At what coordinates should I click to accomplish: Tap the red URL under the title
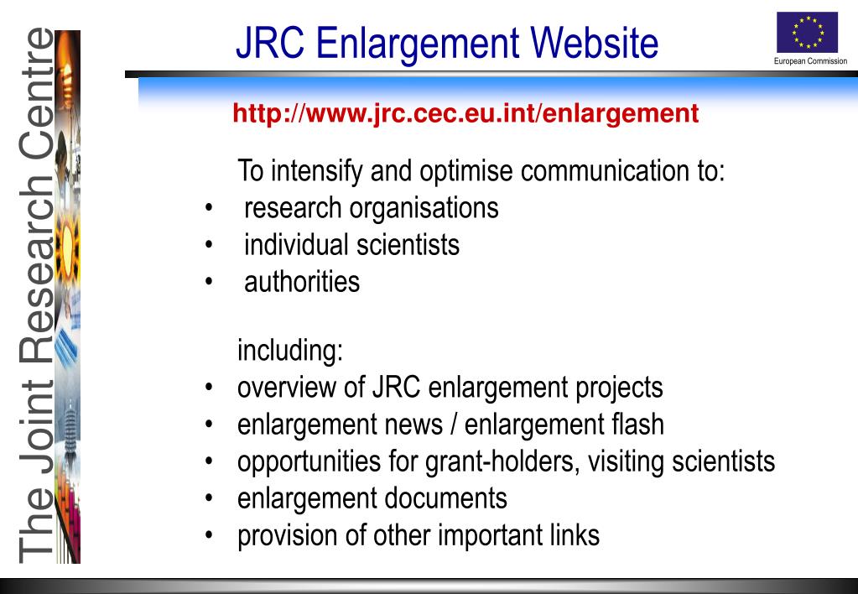click(465, 112)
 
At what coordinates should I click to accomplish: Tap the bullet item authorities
click(302, 281)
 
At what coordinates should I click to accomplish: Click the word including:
click(290, 351)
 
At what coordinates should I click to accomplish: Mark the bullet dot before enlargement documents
click(208, 499)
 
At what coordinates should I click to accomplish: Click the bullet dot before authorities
click(208, 282)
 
